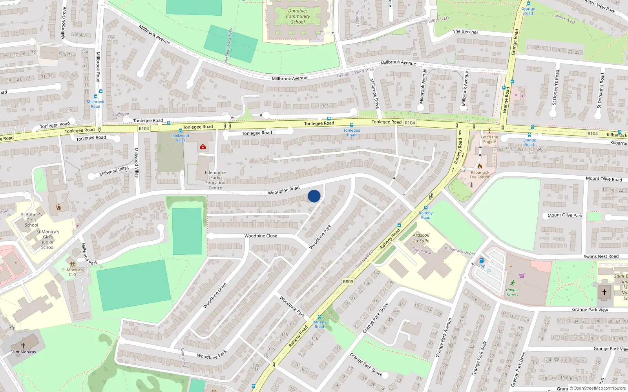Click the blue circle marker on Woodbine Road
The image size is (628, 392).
[314, 196]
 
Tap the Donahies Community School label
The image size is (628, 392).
[298, 16]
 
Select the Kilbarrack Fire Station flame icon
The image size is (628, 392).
[480, 166]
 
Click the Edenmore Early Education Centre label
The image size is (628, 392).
[215, 180]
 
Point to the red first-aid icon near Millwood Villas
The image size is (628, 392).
[203, 147]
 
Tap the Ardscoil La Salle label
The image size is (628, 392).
[421, 238]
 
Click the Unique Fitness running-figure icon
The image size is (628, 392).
[513, 283]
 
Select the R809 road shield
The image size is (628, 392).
[348, 281]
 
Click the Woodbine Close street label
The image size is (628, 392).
[261, 236]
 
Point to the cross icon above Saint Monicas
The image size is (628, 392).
[23, 345]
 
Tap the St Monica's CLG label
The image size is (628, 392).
[73, 272]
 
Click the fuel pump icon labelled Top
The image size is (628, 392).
[482, 260]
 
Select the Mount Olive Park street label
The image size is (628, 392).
[565, 215]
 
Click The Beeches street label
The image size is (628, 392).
[466, 32]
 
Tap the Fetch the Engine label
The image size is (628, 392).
[489, 140]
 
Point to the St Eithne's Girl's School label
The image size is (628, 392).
[31, 220]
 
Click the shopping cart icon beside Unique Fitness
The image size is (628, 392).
[522, 276]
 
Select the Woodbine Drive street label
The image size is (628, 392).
[215, 295]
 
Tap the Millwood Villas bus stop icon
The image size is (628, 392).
[181, 131]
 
